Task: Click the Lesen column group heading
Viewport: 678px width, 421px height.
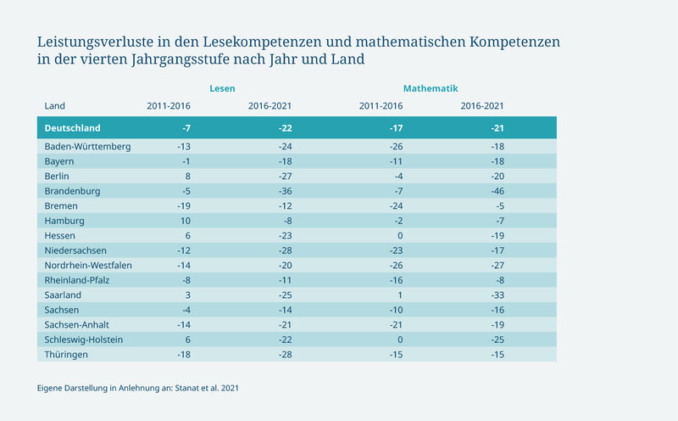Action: click(x=222, y=88)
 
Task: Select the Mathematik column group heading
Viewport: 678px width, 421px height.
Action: click(x=431, y=88)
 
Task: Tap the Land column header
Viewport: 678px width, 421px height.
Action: click(x=54, y=106)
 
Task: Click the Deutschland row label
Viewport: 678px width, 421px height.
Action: click(x=72, y=128)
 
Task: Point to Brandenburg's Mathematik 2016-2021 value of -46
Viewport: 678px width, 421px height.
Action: click(x=497, y=191)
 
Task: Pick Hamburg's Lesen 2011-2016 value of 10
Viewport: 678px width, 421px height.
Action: click(x=186, y=221)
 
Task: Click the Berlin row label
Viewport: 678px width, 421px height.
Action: click(x=57, y=177)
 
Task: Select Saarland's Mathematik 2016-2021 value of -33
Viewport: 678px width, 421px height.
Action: click(x=497, y=295)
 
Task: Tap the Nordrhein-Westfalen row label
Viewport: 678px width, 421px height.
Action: click(x=88, y=266)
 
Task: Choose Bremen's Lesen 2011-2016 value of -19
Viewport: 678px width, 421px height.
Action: click(x=184, y=206)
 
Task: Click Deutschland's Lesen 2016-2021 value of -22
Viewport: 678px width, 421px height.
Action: click(x=285, y=128)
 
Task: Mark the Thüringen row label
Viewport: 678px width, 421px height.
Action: click(x=66, y=355)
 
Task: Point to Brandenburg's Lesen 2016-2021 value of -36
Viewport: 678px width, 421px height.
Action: click(x=285, y=191)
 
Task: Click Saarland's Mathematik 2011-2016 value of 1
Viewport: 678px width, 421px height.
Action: click(x=400, y=295)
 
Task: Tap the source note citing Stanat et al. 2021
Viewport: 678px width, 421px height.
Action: click(x=138, y=388)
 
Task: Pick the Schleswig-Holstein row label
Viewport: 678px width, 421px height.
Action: click(x=83, y=340)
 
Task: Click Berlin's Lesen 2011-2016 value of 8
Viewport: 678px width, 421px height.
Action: click(x=187, y=177)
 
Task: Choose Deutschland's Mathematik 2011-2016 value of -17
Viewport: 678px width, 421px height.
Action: click(x=396, y=128)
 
